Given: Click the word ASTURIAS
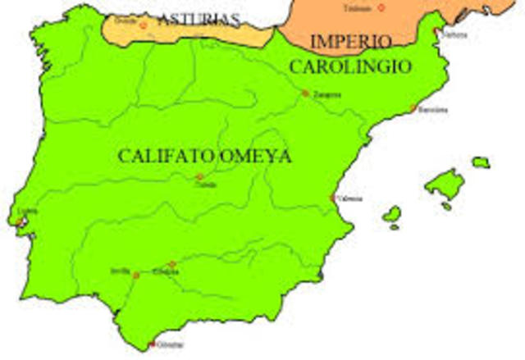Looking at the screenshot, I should click(x=199, y=19).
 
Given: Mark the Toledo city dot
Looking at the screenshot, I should click(x=199, y=177).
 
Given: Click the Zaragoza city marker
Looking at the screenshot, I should click(x=305, y=93).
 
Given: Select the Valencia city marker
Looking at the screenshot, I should click(x=333, y=198).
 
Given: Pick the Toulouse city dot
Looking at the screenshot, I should click(x=381, y=7).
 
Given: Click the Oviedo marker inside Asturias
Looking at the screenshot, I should click(x=143, y=25).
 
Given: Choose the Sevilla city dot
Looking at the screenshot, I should click(x=136, y=276).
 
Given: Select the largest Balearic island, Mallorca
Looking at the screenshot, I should click(x=444, y=185).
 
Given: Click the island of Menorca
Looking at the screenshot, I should click(x=480, y=162).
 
